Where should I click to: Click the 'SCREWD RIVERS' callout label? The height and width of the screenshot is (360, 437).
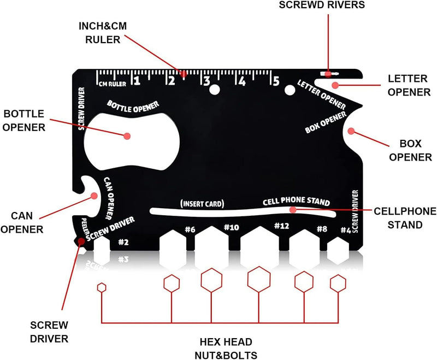point(329,5)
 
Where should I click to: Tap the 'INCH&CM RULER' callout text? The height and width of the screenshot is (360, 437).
point(103,33)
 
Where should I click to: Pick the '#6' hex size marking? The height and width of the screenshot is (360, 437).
point(190,229)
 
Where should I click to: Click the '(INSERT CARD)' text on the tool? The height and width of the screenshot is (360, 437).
point(202,204)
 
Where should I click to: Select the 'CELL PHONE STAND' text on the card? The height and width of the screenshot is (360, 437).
point(296,202)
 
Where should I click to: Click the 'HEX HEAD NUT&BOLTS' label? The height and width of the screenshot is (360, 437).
point(225,348)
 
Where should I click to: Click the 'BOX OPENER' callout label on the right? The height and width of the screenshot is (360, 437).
point(408,151)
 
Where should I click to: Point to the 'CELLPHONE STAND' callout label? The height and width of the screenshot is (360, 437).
point(405,217)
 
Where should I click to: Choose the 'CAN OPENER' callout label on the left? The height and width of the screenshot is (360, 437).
point(22,222)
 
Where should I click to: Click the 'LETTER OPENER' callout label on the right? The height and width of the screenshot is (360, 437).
point(409,85)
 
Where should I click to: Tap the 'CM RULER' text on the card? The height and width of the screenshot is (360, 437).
point(113,84)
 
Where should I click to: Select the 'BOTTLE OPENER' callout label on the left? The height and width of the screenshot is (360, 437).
point(24,120)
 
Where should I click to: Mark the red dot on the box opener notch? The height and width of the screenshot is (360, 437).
point(351,131)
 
